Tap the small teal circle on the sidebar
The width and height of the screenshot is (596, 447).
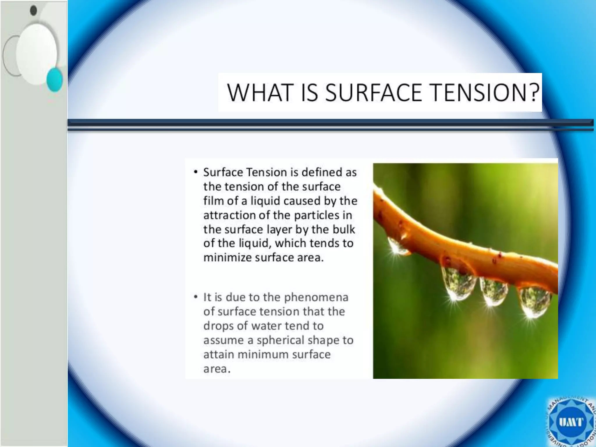(54, 79)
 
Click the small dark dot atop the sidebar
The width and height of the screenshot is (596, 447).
(33, 10)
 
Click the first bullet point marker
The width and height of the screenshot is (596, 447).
(196, 172)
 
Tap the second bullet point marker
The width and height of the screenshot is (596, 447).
(196, 297)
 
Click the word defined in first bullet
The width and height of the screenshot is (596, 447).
(322, 172)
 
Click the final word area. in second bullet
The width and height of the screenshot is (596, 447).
(217, 369)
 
